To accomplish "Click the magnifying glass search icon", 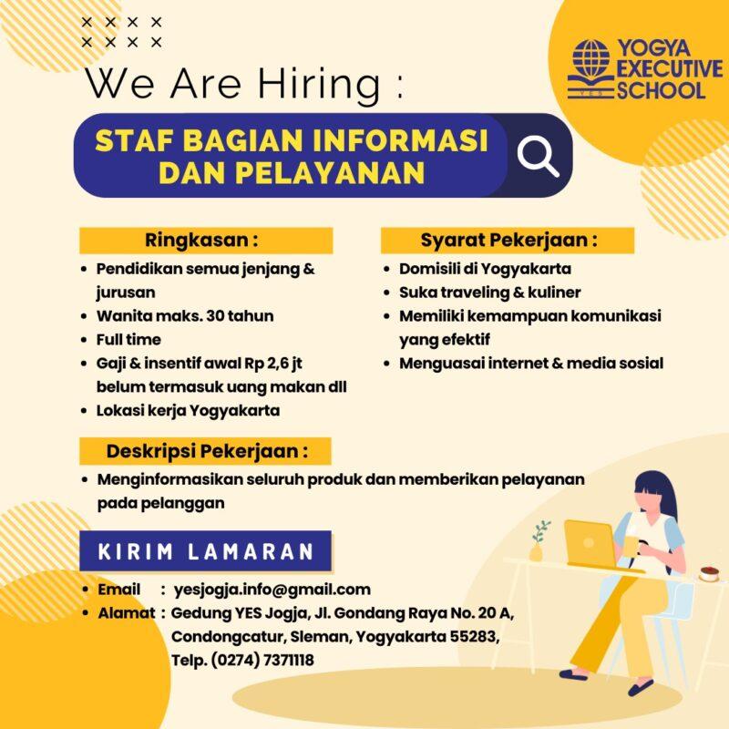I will click(x=538, y=156).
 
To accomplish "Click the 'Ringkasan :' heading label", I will click(x=201, y=241).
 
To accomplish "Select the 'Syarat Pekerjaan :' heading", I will click(x=508, y=241).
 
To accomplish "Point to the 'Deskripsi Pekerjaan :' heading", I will click(x=207, y=451).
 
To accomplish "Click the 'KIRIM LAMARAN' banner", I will click(x=206, y=551).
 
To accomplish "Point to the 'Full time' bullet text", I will click(x=128, y=339).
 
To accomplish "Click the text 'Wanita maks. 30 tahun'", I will click(x=185, y=315).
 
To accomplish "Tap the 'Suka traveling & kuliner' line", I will click(x=489, y=293).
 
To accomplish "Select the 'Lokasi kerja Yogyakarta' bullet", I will click(x=188, y=410).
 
